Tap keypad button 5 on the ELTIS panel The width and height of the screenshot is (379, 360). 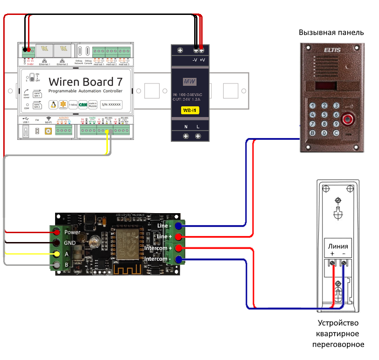click(324, 114)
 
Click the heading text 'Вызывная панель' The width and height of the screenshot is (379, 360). click(331, 33)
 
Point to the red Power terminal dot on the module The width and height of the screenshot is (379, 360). click(57, 232)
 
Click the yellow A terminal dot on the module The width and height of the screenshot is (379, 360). click(57, 254)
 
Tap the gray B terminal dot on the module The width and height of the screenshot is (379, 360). click(57, 265)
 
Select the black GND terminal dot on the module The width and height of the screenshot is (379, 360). click(57, 243)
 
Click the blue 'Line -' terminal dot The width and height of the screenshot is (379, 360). click(178, 226)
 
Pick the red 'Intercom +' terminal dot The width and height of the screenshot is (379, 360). click(178, 249)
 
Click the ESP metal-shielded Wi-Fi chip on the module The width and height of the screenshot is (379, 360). click(128, 244)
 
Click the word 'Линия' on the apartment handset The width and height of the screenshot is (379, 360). click(337, 246)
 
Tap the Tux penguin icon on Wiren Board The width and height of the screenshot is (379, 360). click(53, 105)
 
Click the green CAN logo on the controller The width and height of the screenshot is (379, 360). click(83, 105)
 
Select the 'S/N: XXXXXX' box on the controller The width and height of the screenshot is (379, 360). click(111, 105)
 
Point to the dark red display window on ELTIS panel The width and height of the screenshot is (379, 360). click(326, 86)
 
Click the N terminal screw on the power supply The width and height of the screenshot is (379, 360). click(186, 136)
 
